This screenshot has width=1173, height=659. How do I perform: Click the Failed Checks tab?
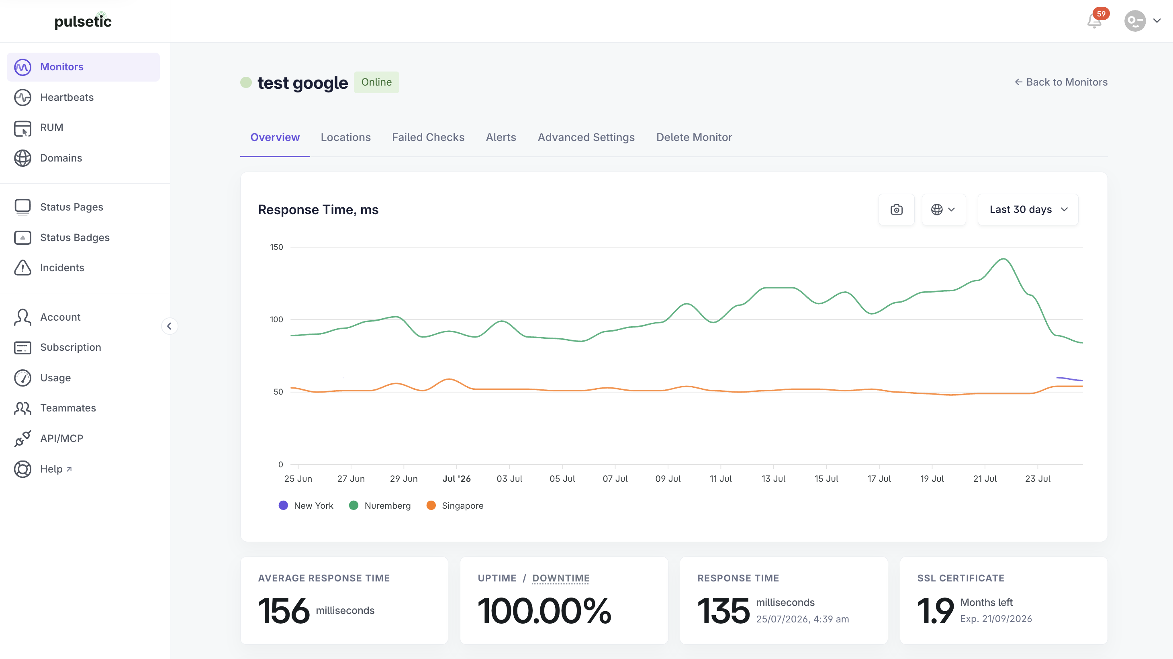click(x=428, y=137)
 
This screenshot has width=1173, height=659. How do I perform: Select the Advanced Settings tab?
click(x=586, y=137)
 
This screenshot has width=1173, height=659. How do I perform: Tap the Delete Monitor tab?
click(x=694, y=137)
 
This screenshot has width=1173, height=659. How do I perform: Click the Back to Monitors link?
click(x=1061, y=82)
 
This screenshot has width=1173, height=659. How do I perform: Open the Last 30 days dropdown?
click(x=1028, y=209)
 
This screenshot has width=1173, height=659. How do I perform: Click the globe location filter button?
click(x=944, y=209)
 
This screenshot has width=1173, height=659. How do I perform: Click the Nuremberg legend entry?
click(x=380, y=506)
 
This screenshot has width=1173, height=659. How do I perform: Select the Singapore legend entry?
click(x=455, y=506)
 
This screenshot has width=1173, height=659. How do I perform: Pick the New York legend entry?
click(x=306, y=506)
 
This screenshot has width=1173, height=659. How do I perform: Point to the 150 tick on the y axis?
click(x=276, y=247)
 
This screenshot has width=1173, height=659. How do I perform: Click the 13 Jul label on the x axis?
click(x=773, y=479)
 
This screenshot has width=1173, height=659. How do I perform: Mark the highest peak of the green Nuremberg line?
click(x=1003, y=259)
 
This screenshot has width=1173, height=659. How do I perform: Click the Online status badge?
click(x=376, y=82)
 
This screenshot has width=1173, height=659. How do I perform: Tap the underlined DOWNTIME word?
click(x=561, y=578)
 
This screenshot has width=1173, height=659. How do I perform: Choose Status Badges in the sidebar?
click(x=75, y=237)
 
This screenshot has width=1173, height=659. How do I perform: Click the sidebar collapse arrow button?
click(x=170, y=326)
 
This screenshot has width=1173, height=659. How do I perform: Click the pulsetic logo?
click(x=83, y=21)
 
